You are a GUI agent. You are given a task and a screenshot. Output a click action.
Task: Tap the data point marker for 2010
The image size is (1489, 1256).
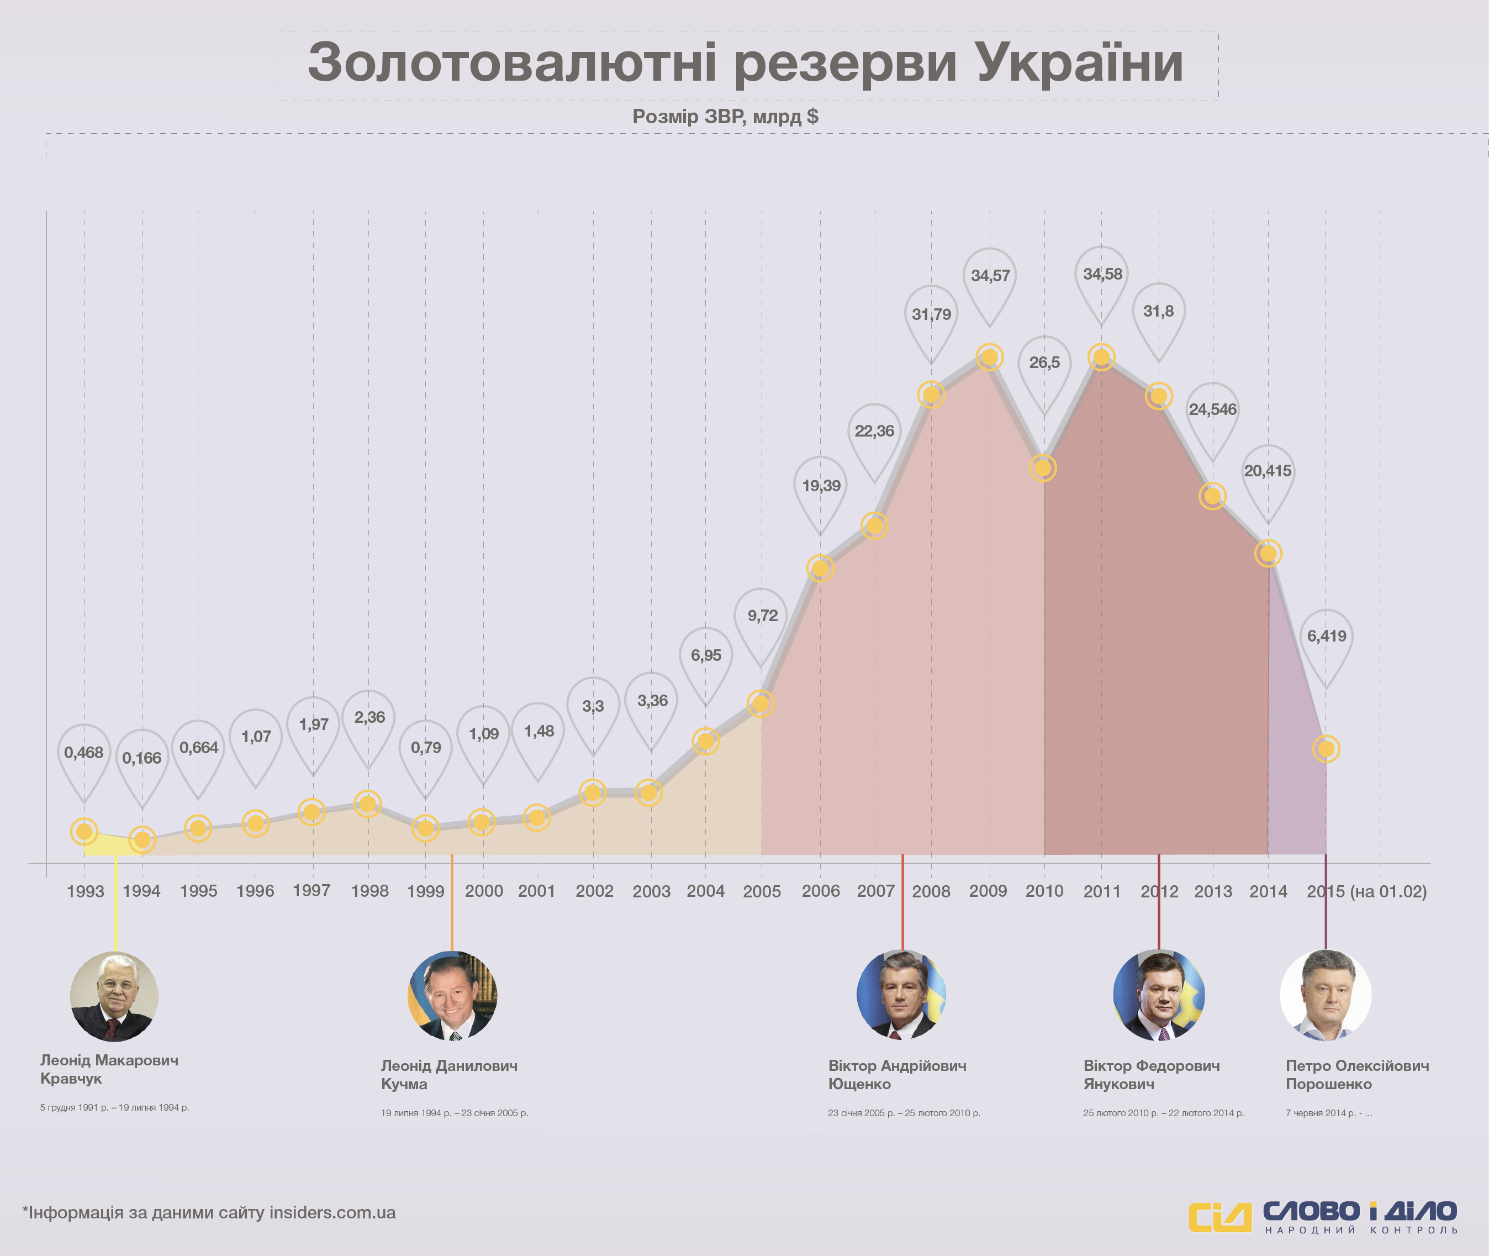1043,468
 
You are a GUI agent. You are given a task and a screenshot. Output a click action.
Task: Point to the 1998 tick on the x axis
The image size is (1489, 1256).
369,891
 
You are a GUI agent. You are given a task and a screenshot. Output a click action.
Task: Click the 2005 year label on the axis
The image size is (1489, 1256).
762,891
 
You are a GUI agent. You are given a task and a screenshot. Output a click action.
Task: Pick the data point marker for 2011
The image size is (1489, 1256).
1102,357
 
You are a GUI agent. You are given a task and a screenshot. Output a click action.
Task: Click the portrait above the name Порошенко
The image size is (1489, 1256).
1326,995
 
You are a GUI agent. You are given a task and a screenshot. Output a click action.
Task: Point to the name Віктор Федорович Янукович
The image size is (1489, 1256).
1151,1074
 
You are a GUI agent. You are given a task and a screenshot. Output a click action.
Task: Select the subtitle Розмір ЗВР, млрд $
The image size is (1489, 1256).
725,116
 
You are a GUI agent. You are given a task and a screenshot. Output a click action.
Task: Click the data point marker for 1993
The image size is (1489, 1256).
84,831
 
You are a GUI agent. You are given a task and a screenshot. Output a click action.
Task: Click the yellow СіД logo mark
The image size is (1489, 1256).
1220,1217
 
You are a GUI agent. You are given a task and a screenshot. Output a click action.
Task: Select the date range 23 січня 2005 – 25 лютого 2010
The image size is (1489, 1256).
903,1113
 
